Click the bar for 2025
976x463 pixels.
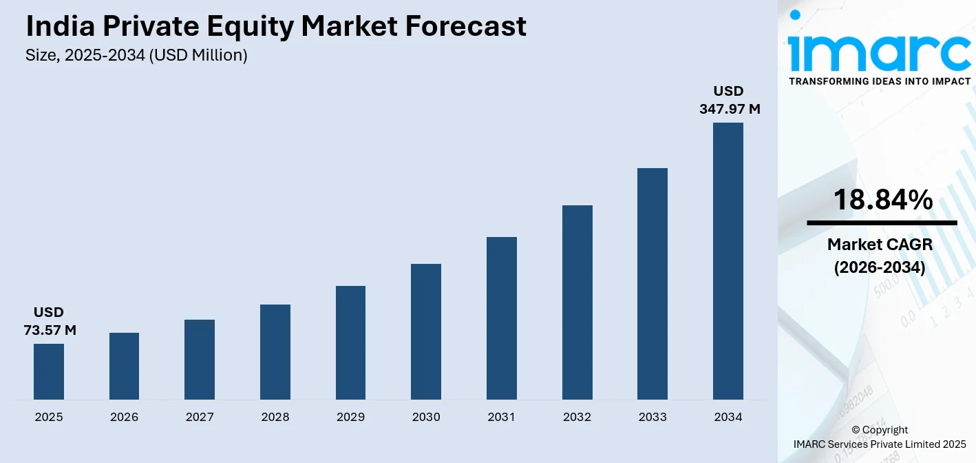point(49,371)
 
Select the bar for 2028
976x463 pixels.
point(275,351)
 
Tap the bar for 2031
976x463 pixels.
point(502,318)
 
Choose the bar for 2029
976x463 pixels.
point(351,342)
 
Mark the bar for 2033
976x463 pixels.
point(653,283)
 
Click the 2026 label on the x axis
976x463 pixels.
point(124,417)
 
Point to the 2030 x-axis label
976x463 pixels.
point(426,417)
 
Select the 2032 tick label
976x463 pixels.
point(577,417)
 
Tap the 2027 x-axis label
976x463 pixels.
point(200,417)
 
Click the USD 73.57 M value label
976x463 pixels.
point(50,322)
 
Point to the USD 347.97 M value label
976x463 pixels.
point(730,100)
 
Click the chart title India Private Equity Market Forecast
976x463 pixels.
point(276,26)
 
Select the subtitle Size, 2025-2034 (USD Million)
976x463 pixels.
point(136,56)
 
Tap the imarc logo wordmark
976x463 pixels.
point(879,46)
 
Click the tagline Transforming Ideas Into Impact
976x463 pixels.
point(879,81)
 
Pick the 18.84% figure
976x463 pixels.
point(882,200)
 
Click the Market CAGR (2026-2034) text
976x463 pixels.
point(880,256)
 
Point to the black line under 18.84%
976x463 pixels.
point(882,223)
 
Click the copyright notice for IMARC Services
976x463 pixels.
point(880,437)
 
